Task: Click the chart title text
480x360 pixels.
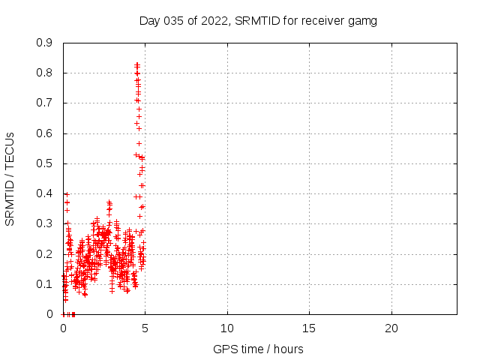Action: [x=258, y=20]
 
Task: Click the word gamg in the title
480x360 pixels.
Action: [x=363, y=21]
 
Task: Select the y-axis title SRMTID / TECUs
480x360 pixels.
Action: [x=10, y=178]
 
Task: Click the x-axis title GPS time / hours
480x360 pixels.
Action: [x=258, y=349]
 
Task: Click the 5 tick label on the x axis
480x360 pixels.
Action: [x=145, y=328]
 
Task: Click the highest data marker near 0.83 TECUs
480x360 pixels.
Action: [x=136, y=64]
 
